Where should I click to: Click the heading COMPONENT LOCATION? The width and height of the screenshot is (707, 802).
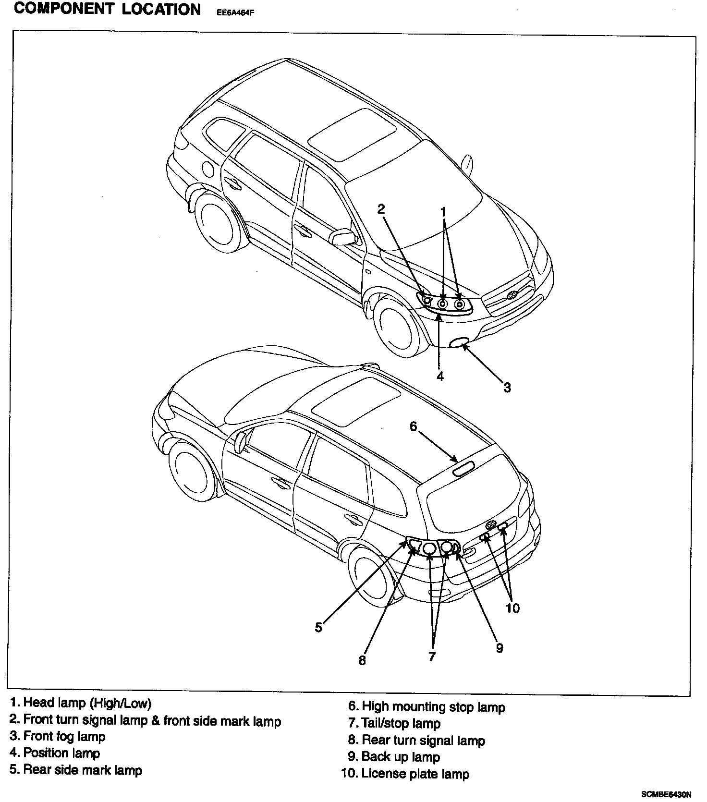107,10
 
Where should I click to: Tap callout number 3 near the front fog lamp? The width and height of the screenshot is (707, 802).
507,387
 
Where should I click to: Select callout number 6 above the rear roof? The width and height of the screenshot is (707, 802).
414,426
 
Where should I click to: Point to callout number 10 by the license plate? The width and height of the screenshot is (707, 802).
512,608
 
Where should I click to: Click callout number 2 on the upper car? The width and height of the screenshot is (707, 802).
381,209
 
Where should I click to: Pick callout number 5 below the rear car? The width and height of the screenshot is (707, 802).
318,627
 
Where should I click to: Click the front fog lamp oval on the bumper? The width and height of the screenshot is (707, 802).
459,342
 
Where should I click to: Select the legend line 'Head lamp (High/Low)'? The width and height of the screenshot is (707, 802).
81,704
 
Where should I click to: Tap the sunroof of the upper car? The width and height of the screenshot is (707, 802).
352,134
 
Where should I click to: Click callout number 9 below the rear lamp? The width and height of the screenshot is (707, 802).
500,648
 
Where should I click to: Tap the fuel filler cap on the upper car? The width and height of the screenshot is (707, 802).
208,169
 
